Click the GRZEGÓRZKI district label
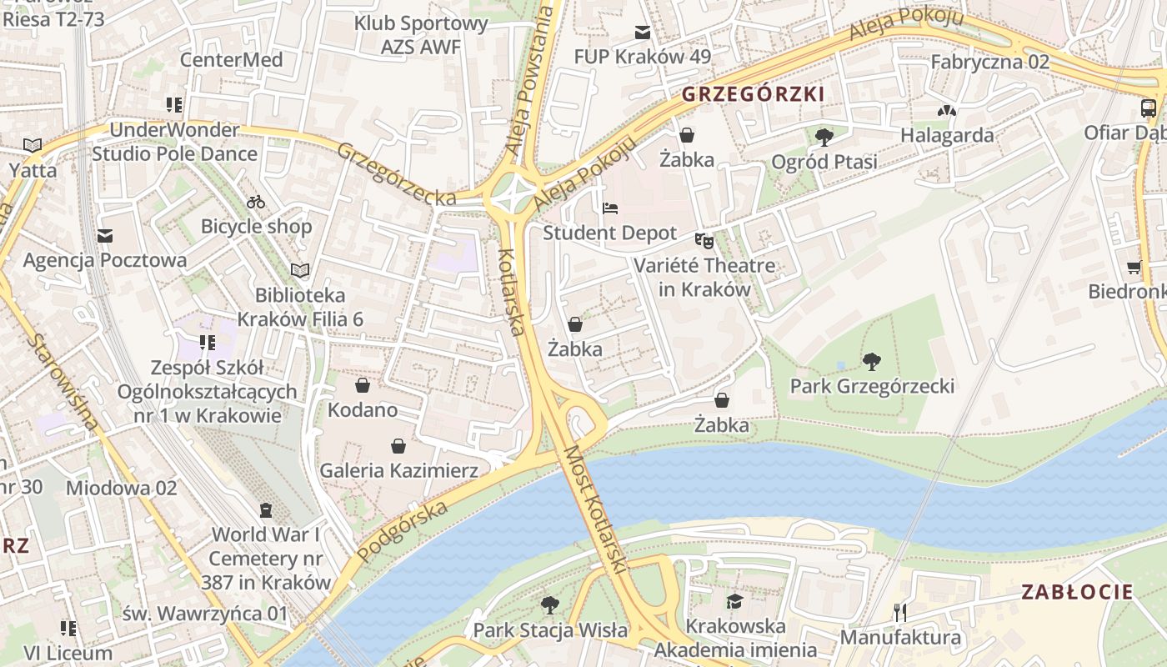753,94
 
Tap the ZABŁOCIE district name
1077,593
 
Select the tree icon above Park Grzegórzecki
872,362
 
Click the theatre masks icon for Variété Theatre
704,241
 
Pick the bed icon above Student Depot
610,208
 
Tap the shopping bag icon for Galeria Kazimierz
398,446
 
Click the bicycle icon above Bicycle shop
256,202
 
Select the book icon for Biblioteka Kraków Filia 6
300,270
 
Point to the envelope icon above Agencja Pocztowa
104,236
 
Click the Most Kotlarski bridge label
594,509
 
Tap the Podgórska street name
402,521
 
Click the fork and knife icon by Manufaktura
899,613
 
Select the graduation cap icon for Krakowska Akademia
734,602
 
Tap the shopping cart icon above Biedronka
1134,268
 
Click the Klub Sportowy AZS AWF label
421,35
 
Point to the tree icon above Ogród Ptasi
824,137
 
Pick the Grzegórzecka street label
396,173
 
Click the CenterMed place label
232,60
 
